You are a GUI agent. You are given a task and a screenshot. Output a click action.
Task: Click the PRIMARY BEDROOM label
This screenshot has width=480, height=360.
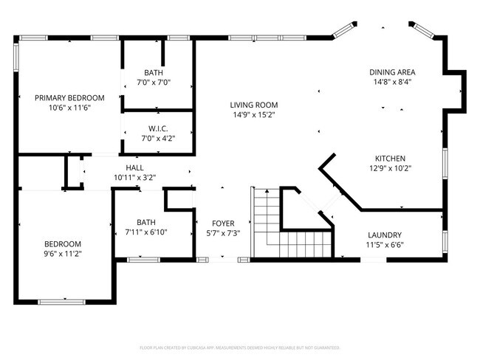(x=70, y=97)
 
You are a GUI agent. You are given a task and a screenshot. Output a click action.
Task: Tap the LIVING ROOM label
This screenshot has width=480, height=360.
(x=253, y=105)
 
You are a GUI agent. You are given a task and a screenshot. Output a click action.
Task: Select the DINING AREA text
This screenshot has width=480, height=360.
(x=392, y=72)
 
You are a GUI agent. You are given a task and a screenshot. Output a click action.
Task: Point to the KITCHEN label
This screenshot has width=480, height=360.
(x=390, y=159)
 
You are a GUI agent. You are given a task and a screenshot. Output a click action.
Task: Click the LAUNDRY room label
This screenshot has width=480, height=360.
(x=385, y=235)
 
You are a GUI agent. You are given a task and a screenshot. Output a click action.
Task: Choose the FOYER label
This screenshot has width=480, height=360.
(x=223, y=223)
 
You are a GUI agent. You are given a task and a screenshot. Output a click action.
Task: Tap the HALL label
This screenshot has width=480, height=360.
(x=134, y=167)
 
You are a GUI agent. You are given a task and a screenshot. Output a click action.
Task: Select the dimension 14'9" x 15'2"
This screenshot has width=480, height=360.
(x=253, y=114)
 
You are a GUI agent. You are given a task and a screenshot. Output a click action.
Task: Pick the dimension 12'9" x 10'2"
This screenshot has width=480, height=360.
(x=390, y=168)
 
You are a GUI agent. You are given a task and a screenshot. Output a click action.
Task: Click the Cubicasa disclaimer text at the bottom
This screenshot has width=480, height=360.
(x=239, y=347)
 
